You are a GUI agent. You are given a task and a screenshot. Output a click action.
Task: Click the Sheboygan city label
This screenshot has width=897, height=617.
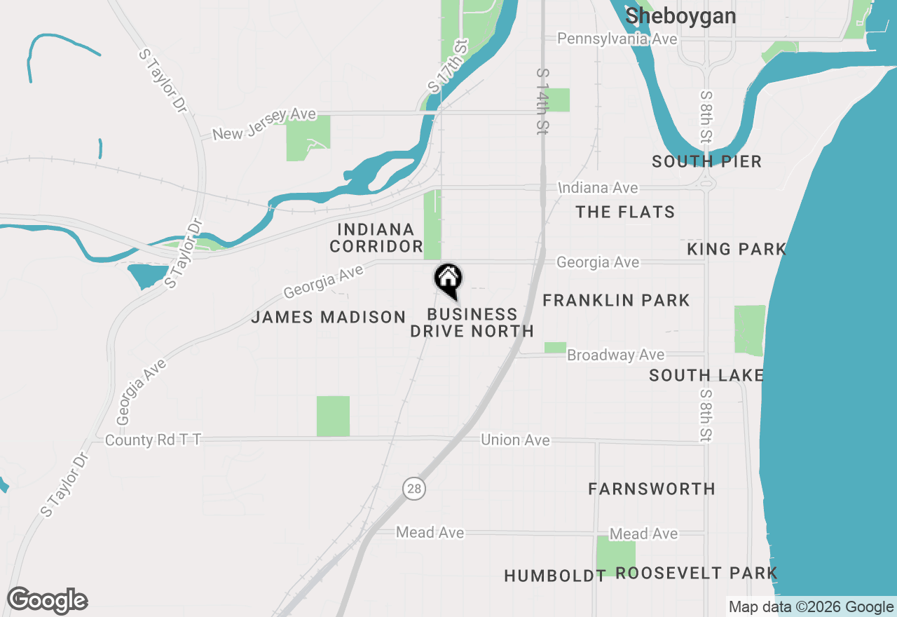click(x=680, y=16)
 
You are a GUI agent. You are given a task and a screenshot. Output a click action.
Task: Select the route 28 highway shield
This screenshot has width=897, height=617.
click(x=414, y=489)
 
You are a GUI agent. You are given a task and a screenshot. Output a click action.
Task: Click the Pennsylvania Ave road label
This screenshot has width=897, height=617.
click(x=617, y=39)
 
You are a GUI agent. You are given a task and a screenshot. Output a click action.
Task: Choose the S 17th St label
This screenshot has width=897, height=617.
click(x=447, y=67)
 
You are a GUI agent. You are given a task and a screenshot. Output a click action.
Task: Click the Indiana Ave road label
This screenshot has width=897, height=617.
click(x=598, y=188)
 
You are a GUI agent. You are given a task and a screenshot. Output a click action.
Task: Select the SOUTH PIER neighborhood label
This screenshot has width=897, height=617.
click(x=706, y=162)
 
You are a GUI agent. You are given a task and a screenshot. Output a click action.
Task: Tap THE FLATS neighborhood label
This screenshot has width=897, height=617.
click(x=625, y=212)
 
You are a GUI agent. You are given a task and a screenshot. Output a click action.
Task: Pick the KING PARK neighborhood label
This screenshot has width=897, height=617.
click(x=737, y=250)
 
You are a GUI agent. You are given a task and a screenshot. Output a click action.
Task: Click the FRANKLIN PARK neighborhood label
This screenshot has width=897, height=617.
click(x=616, y=301)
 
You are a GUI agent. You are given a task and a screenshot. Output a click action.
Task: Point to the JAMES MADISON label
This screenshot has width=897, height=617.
click(x=329, y=318)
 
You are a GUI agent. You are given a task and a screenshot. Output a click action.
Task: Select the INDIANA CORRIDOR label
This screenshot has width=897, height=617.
click(x=376, y=238)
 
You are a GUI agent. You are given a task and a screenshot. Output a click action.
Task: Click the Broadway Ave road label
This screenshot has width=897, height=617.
click(x=616, y=355)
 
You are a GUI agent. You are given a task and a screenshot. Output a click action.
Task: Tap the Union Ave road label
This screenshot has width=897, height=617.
click(x=515, y=440)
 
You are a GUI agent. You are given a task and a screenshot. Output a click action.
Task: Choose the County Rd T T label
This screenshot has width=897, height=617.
click(x=153, y=440)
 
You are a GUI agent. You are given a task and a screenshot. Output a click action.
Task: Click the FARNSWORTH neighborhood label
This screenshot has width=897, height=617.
click(x=652, y=489)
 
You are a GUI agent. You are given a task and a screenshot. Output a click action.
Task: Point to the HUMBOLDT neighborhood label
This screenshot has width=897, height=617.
click(x=555, y=576)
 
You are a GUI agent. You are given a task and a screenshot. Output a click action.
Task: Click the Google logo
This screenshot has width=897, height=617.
click(x=47, y=601)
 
